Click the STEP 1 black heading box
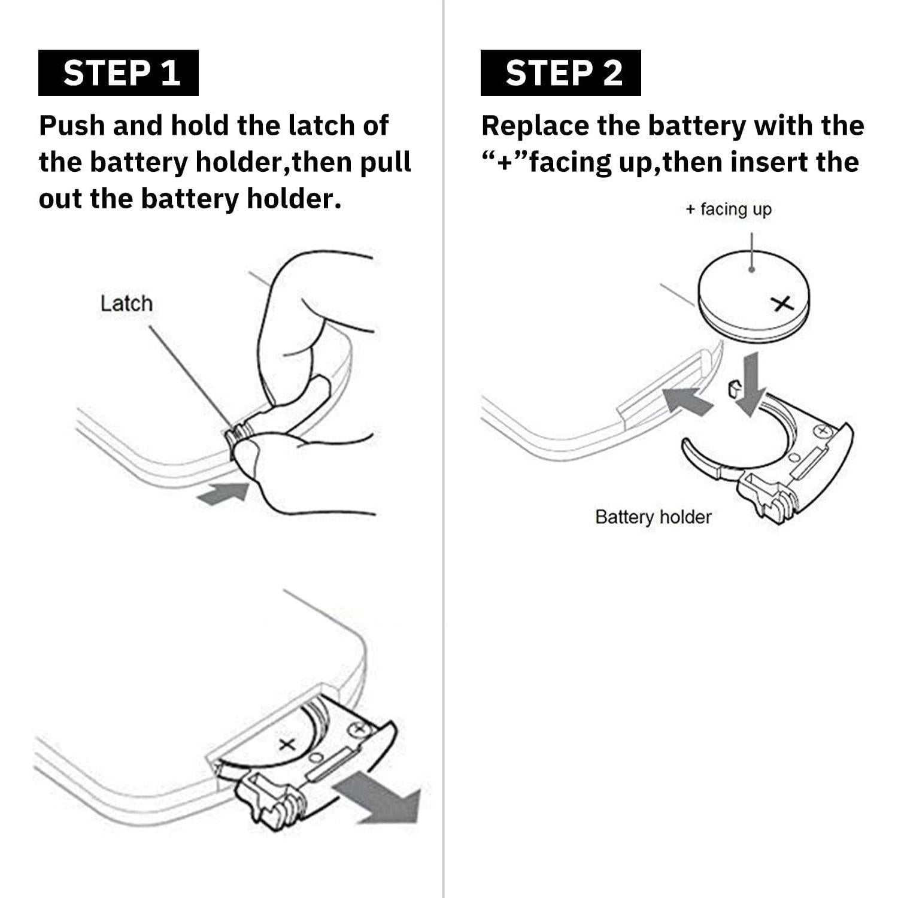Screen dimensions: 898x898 pos(119,73)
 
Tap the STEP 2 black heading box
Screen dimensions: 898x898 pos(561,73)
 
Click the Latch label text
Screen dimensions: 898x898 pos(126,304)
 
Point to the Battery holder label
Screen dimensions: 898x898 pos(653,517)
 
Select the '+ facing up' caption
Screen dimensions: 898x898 pos(729,209)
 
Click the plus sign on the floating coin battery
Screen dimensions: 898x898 pos(782,305)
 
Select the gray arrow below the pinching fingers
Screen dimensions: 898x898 pos(223,493)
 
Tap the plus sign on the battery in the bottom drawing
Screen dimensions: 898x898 pos(287,744)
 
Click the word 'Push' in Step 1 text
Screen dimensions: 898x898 pos(72,126)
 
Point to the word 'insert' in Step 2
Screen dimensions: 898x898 pos(782,162)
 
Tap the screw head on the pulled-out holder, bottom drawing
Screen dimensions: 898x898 pos(359,729)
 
